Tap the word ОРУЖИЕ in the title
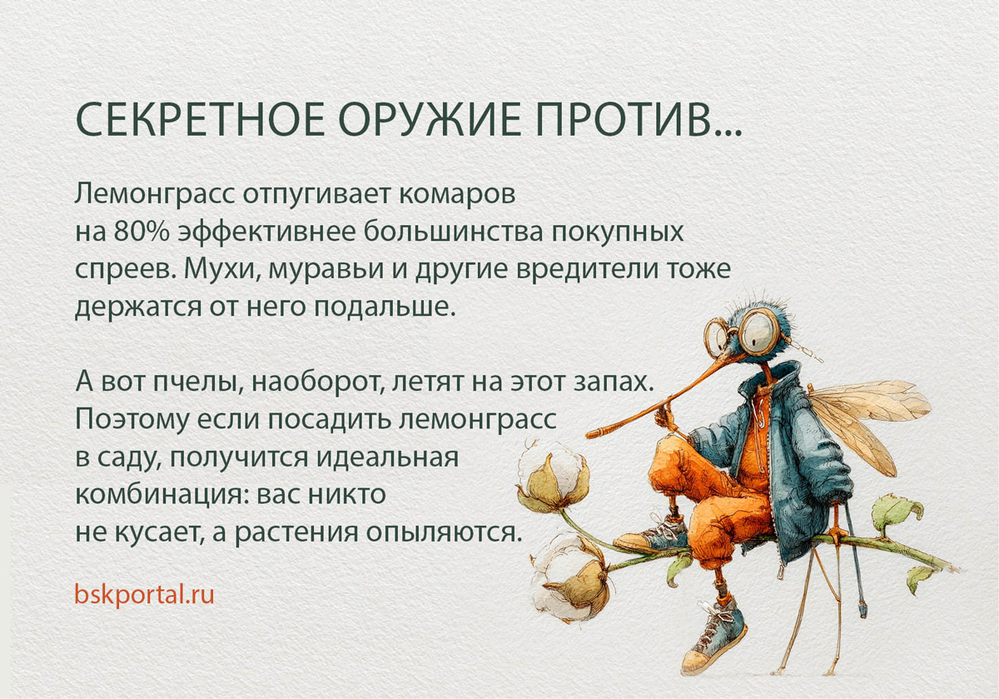430,119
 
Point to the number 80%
142,232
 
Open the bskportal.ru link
145,594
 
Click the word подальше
385,307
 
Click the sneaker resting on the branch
652,535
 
